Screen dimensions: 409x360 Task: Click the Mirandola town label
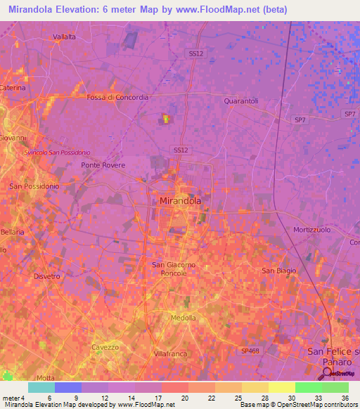point(176,200)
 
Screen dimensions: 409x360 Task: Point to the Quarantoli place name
point(241,101)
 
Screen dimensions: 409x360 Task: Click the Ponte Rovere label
point(103,165)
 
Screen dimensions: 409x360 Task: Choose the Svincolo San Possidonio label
point(57,152)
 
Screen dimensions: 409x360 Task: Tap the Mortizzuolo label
point(312,230)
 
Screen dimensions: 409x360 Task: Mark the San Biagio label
point(278,271)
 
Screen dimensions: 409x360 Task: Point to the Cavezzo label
point(105,347)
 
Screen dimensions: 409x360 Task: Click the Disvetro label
point(46,276)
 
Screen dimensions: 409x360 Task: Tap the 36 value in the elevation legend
point(345,398)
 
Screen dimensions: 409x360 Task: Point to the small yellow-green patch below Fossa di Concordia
point(167,119)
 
